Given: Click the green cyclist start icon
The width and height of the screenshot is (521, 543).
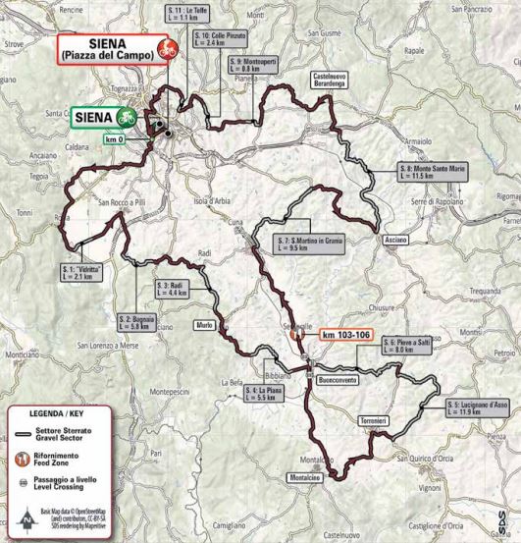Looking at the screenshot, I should coord(126,117).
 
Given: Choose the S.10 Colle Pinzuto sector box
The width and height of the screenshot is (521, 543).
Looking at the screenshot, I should coord(213,40).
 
